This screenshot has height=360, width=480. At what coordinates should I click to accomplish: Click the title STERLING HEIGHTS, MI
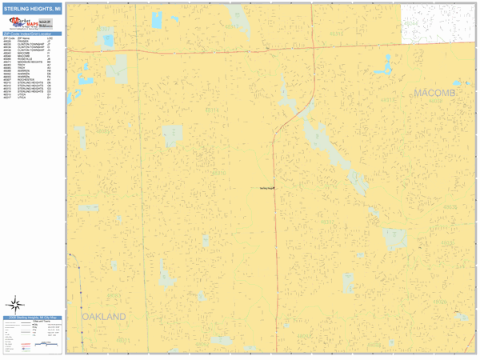pos(33,10)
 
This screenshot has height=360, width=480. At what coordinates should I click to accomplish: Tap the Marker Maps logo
pos(32,25)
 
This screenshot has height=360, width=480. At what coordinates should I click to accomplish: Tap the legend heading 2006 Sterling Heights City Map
pos(33,318)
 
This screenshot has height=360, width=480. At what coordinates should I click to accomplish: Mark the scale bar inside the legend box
pos(50,346)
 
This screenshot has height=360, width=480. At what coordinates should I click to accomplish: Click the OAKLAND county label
pos(104,317)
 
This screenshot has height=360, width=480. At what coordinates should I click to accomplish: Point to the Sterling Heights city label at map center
pos(267,188)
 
